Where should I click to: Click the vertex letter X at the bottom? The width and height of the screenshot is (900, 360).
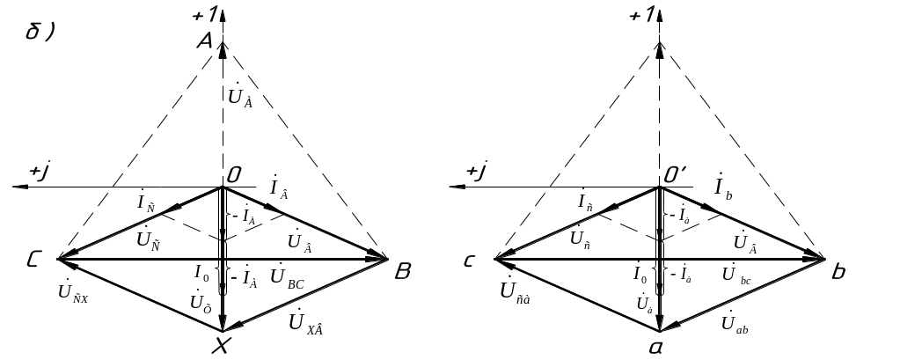(x=222, y=348)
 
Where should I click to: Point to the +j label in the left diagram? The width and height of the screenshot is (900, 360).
(x=40, y=173)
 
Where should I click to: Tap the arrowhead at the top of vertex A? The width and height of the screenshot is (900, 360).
(x=222, y=49)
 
